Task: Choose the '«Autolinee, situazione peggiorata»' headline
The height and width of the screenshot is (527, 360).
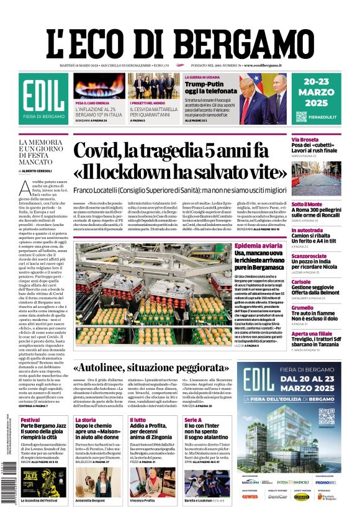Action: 163,367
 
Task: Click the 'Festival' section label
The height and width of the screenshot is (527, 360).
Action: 30,420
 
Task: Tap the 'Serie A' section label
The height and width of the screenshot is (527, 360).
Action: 193,420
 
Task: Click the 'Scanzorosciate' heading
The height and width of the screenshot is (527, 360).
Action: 309,256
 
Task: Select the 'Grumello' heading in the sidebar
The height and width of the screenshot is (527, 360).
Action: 302,308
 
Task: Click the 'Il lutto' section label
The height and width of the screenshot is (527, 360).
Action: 138,420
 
